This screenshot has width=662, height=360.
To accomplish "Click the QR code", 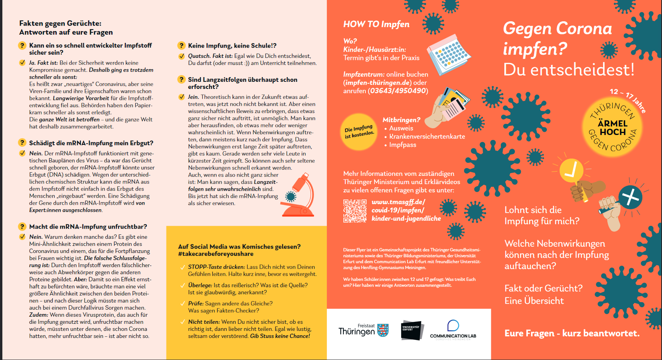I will coord(355,211).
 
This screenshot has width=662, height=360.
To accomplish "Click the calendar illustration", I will coord(449,54).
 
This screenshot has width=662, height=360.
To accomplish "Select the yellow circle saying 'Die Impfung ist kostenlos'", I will coord(359,132).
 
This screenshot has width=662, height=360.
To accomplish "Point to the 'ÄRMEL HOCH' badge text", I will coord(612,128).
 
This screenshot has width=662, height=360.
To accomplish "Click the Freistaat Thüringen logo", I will coord(363,330).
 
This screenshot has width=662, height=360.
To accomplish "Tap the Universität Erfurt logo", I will coord(412,330).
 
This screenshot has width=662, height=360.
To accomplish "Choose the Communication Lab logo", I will coord(453,330).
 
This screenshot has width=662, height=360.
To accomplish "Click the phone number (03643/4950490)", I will coord(398,91).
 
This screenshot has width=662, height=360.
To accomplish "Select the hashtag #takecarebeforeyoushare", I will coord(216,254).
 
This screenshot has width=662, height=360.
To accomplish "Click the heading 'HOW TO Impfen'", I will coord(376,24).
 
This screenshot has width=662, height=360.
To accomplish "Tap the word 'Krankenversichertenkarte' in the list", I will coord(427,137).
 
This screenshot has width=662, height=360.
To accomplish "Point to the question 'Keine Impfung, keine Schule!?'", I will coord(232,46).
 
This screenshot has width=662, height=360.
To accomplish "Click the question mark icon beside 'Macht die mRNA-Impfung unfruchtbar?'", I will coord(22,227).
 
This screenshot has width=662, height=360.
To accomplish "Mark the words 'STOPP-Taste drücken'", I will coord(216,267).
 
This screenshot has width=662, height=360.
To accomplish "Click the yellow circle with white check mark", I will coord(571,170).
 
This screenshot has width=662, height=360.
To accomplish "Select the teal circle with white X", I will coord(630,197).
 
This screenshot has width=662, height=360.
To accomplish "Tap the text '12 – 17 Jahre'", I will coord(628,100).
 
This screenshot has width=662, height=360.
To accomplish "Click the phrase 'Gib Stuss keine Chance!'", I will coord(280,336).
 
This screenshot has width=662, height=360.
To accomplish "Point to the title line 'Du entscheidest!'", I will coord(568,70).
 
